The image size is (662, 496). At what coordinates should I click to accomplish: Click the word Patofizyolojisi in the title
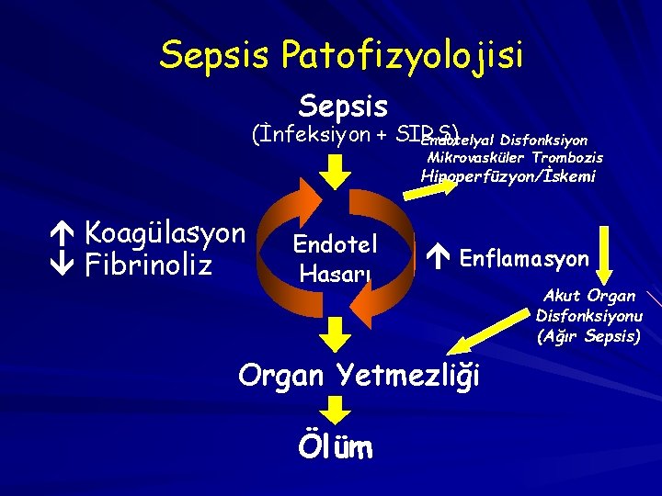tap(403, 55)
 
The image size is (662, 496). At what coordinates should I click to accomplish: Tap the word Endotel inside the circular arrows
tap(336, 243)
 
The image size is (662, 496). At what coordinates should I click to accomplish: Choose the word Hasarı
tap(336, 273)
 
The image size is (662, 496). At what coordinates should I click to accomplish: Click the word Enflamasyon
tap(524, 259)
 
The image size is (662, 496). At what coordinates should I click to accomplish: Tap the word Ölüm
tap(335, 447)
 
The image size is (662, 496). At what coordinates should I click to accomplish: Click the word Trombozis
tap(566, 158)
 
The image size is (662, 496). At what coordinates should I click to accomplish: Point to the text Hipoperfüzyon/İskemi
tap(508, 176)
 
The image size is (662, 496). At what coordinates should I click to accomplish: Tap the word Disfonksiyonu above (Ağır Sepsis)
tap(589, 316)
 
